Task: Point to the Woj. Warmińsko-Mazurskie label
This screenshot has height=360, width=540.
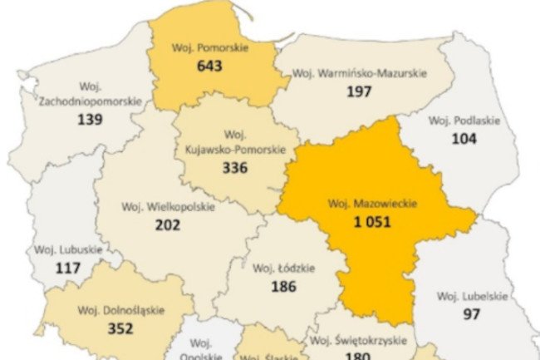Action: click(360, 73)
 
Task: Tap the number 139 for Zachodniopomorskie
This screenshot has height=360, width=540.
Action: click(90, 119)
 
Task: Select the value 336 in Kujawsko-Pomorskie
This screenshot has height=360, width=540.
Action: click(236, 167)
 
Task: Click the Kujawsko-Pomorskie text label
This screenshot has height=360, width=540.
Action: click(236, 150)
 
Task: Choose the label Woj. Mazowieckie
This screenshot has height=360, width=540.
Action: click(371, 203)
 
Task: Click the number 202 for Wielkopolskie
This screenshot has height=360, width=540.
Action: click(168, 224)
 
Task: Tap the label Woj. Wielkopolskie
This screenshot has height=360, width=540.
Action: click(168, 206)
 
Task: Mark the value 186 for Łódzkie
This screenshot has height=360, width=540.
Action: click(284, 286)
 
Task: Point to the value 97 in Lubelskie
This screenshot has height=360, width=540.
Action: click(472, 314)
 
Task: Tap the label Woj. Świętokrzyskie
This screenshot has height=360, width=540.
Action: click(357, 341)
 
